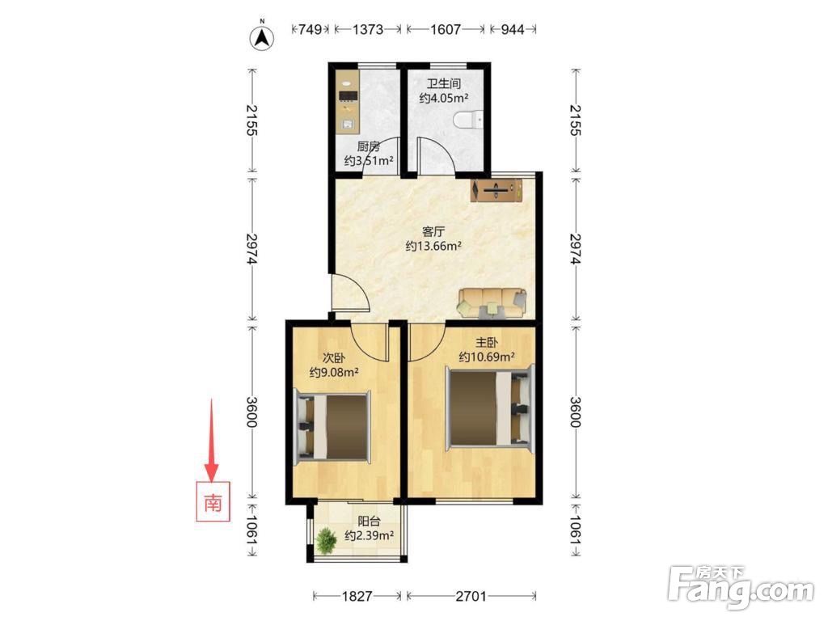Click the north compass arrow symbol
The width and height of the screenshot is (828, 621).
point(261,37)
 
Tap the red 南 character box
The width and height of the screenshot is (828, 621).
point(213,501)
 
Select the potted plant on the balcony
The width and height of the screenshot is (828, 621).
point(326,541)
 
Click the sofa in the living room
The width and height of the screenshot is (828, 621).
point(492,303)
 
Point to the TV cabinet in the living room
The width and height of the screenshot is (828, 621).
point(496,190)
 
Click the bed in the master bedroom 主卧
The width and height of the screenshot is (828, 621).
point(490,410)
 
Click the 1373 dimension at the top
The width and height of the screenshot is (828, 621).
point(368,29)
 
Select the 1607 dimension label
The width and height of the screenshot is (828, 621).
point(446,29)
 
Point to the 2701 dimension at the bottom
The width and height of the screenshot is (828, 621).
point(471,597)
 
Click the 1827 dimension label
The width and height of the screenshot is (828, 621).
point(357,597)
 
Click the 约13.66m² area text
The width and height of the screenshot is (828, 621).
point(434,246)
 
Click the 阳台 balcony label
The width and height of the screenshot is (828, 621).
point(369,522)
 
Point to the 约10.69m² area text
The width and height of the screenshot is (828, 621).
point(487,357)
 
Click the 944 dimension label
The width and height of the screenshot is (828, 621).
point(512,29)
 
